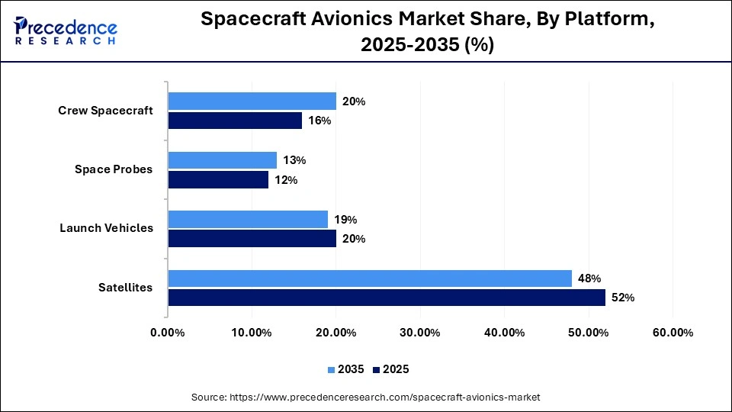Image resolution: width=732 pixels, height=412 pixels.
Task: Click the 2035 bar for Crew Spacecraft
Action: (252, 101)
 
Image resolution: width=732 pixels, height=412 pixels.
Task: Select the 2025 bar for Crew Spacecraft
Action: (235, 121)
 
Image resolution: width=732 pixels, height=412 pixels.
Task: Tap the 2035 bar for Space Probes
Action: (222, 160)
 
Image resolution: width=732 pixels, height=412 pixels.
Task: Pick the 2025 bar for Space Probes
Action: (218, 179)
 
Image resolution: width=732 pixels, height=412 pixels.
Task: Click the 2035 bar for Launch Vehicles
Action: (248, 220)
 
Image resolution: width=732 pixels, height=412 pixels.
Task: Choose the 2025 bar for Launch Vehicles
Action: (252, 239)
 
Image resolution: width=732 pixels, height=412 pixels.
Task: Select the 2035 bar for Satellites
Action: (370, 278)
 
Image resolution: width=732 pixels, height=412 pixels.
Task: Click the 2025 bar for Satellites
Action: (387, 298)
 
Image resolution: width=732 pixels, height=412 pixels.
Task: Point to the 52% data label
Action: (623, 298)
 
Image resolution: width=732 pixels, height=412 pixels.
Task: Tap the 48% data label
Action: (589, 278)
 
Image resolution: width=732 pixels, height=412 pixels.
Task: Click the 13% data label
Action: (295, 160)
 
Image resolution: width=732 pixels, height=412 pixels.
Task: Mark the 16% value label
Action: (319, 121)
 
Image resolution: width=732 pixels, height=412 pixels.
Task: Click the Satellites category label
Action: (125, 288)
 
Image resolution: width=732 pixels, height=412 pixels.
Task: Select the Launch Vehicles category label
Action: (107, 228)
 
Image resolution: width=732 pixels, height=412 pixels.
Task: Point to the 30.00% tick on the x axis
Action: (419, 333)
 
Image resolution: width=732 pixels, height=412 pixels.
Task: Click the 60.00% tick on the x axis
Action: (672, 333)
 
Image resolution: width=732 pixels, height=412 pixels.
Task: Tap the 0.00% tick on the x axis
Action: (168, 333)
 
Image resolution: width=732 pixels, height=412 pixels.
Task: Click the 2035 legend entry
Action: (346, 369)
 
